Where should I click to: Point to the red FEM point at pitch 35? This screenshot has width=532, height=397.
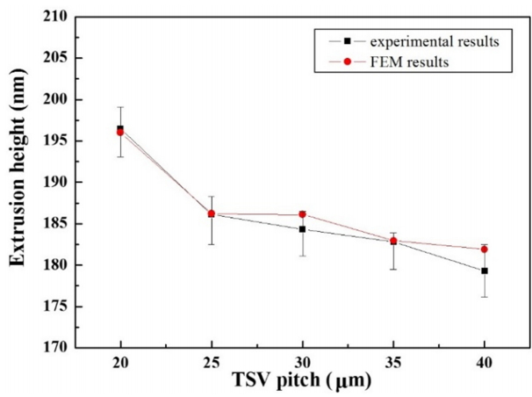[393, 241]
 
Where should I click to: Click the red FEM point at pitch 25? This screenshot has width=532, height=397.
[212, 213]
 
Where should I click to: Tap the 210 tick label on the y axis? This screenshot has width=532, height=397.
[59, 16]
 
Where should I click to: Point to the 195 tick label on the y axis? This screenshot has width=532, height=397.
[59, 141]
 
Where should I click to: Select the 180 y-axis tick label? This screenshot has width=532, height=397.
[59, 265]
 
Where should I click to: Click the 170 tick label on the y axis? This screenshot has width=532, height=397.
[59, 348]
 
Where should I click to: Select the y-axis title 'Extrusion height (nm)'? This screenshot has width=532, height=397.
[18, 181]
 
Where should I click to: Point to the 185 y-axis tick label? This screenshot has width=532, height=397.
[59, 224]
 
